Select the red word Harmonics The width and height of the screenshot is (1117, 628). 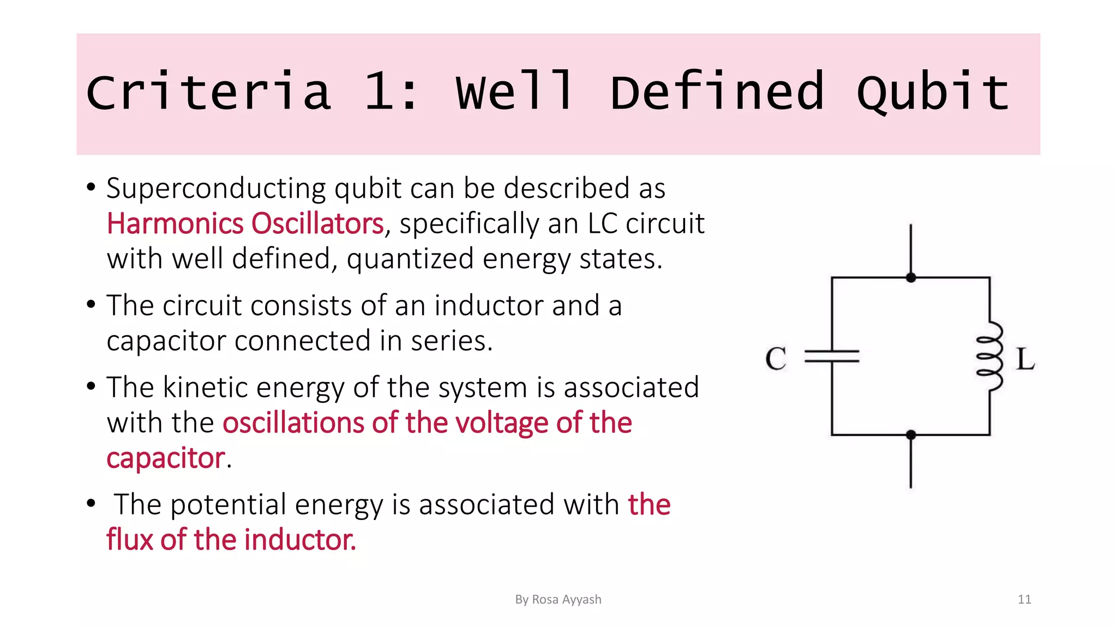coord(175,224)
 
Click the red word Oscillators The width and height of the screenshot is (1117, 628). coord(317,224)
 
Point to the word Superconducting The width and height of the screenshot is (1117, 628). coord(216,189)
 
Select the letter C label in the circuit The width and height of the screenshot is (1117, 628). coord(776,359)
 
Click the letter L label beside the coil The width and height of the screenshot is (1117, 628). coord(1025,360)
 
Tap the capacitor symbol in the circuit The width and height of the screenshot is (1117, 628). coord(832,357)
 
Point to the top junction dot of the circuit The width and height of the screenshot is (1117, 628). coord(911,277)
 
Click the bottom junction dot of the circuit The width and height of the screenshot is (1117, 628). coord(911,435)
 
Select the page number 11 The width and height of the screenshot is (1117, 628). coord(1024,600)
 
